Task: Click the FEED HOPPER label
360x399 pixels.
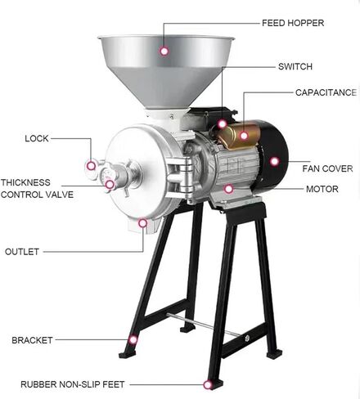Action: [293, 23]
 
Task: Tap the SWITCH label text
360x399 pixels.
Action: [295, 66]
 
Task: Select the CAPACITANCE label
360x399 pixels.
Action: [326, 92]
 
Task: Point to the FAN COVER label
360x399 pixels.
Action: [327, 168]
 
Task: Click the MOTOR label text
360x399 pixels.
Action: [322, 189]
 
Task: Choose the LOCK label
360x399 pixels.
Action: [37, 138]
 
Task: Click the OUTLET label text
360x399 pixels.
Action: [22, 252]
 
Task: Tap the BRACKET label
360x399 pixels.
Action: [32, 340]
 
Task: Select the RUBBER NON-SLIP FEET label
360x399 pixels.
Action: [73, 384]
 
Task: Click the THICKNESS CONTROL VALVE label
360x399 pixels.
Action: [37, 188]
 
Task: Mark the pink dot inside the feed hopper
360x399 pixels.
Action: [164, 51]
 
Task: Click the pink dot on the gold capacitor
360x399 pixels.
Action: [244, 136]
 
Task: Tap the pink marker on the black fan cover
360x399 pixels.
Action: [275, 161]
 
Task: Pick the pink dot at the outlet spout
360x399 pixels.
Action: [142, 223]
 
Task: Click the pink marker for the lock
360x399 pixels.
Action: [92, 166]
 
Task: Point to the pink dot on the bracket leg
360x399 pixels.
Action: [133, 339]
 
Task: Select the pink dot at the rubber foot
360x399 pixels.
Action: [208, 385]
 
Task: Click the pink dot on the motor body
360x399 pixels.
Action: [228, 188]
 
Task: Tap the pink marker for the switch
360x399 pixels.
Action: [223, 124]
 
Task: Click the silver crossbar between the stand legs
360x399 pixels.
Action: [204, 325]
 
